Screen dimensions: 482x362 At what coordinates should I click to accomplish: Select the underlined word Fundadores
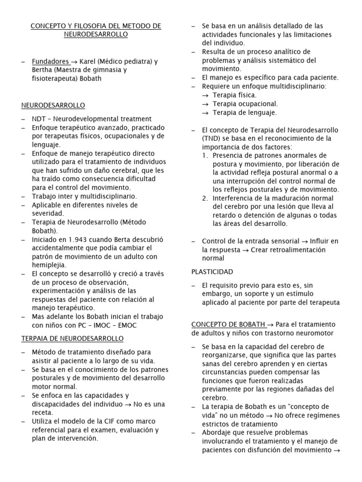click(50, 61)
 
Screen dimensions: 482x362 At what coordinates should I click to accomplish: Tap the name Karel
click(89, 61)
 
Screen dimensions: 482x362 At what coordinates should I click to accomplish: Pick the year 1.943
click(72, 239)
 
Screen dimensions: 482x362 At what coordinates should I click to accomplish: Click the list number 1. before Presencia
click(205, 155)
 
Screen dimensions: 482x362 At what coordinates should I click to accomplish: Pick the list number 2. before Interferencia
click(205, 198)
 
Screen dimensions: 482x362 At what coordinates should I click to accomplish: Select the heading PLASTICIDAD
click(212, 272)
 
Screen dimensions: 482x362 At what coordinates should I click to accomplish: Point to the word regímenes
click(318, 415)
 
